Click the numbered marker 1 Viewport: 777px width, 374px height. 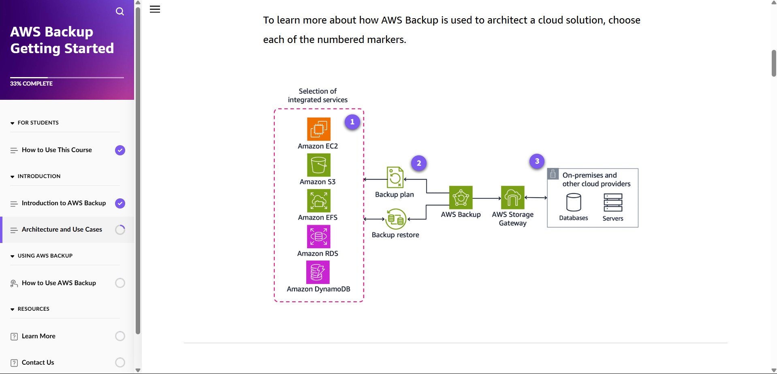coord(352,122)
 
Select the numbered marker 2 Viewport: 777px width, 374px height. coord(419,163)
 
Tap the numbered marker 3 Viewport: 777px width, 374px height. coord(537,161)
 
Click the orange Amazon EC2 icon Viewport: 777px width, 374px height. coord(319,129)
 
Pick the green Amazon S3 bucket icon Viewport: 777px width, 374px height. coord(319,165)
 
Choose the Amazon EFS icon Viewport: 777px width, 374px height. coord(319,200)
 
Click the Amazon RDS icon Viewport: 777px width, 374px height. coord(319,236)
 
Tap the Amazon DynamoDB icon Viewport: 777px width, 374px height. coord(318,272)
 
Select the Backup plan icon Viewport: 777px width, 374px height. coord(395,177)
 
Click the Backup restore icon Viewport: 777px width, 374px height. coord(396,219)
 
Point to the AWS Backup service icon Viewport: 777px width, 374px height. coord(461,198)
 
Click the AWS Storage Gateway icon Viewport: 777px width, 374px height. coord(513,198)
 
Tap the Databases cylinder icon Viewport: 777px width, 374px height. coord(574,202)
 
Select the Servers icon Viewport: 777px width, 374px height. coord(613,202)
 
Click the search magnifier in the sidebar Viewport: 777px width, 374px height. coord(120,11)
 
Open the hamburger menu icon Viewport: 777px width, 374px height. coord(155,9)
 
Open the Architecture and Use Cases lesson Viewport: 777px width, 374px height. coord(62,230)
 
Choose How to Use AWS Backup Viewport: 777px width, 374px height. coord(59,283)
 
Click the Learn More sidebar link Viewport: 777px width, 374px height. coord(38,336)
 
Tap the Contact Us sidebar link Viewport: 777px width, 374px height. coord(38,363)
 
